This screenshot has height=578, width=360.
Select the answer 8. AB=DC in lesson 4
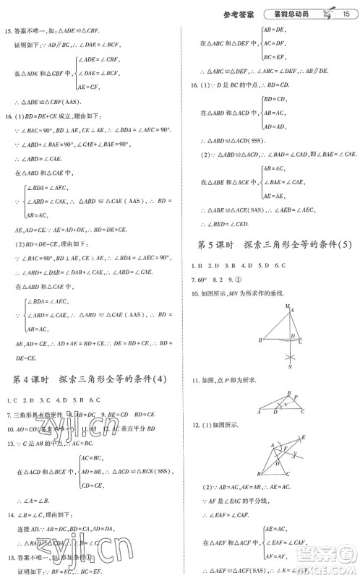93,415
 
